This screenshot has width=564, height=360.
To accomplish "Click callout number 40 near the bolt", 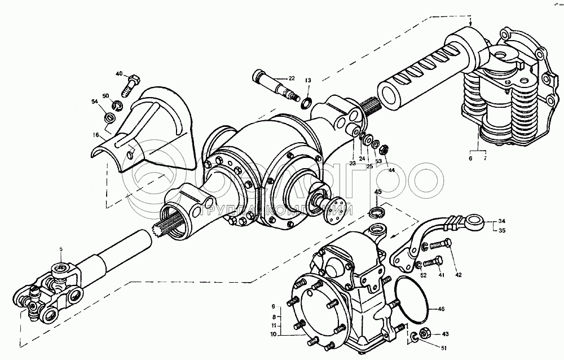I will coord(119,74).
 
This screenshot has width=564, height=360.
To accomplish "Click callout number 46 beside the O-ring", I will coord(441,309).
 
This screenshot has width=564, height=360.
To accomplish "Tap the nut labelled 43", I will coord(425,333).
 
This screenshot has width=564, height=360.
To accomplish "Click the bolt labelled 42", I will coord(442,244).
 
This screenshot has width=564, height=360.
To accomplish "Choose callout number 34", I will coord(501,221).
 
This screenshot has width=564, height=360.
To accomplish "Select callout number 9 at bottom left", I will coord(274,306).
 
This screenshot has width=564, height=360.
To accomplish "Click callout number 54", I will coord(95,102).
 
